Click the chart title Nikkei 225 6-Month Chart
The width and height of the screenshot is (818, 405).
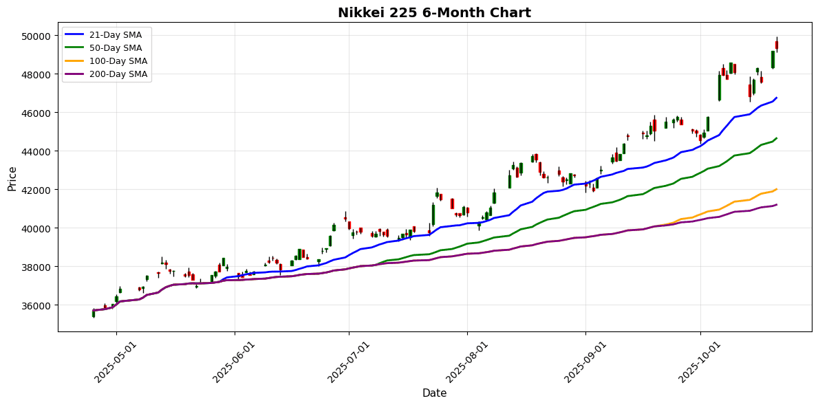(x=434, y=12)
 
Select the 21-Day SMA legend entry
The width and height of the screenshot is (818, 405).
(x=118, y=35)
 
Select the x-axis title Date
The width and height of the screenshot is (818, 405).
(x=434, y=393)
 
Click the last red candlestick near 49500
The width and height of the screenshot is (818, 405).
(x=777, y=45)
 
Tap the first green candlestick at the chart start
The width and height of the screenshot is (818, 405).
(x=94, y=313)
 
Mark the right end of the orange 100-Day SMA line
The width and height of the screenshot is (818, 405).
(x=777, y=189)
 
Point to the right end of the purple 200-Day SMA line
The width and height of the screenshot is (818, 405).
(x=777, y=204)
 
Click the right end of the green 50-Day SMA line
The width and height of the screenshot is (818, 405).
(x=777, y=138)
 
